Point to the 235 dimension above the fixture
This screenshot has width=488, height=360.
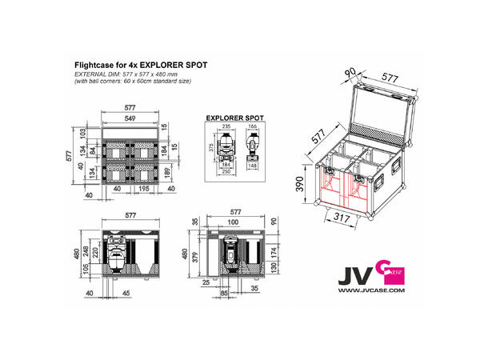[x=226, y=126]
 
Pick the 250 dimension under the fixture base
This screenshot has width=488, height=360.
[x=226, y=173]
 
